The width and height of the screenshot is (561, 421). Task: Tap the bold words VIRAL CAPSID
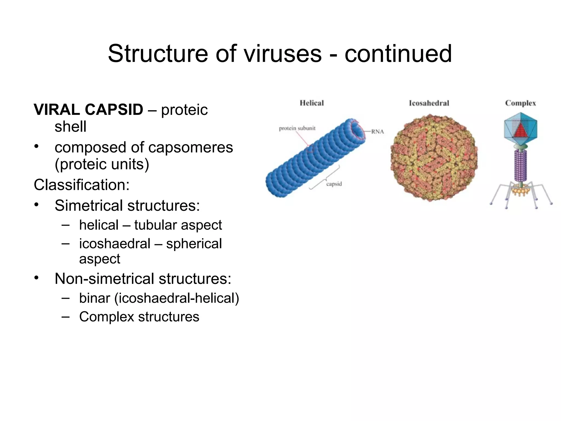tap(88, 110)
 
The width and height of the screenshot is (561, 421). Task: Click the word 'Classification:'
tap(81, 185)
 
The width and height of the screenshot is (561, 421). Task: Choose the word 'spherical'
tap(194, 244)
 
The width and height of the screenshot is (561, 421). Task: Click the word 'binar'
tap(95, 298)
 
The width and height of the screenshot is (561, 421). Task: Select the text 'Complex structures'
tap(139, 317)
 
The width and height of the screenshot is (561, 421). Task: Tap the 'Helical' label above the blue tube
tap(311, 103)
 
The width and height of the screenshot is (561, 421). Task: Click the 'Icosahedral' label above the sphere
tap(429, 103)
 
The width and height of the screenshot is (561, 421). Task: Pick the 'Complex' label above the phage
tap(520, 103)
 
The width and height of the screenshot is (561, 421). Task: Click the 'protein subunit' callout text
tap(297, 128)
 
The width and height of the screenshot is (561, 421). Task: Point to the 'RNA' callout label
tap(377, 132)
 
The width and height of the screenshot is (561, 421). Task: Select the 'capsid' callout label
tap(334, 184)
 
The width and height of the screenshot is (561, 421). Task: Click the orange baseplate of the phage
tap(520, 190)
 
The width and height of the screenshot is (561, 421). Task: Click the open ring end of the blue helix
tap(358, 130)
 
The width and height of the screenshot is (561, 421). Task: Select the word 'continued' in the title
tap(398, 54)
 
